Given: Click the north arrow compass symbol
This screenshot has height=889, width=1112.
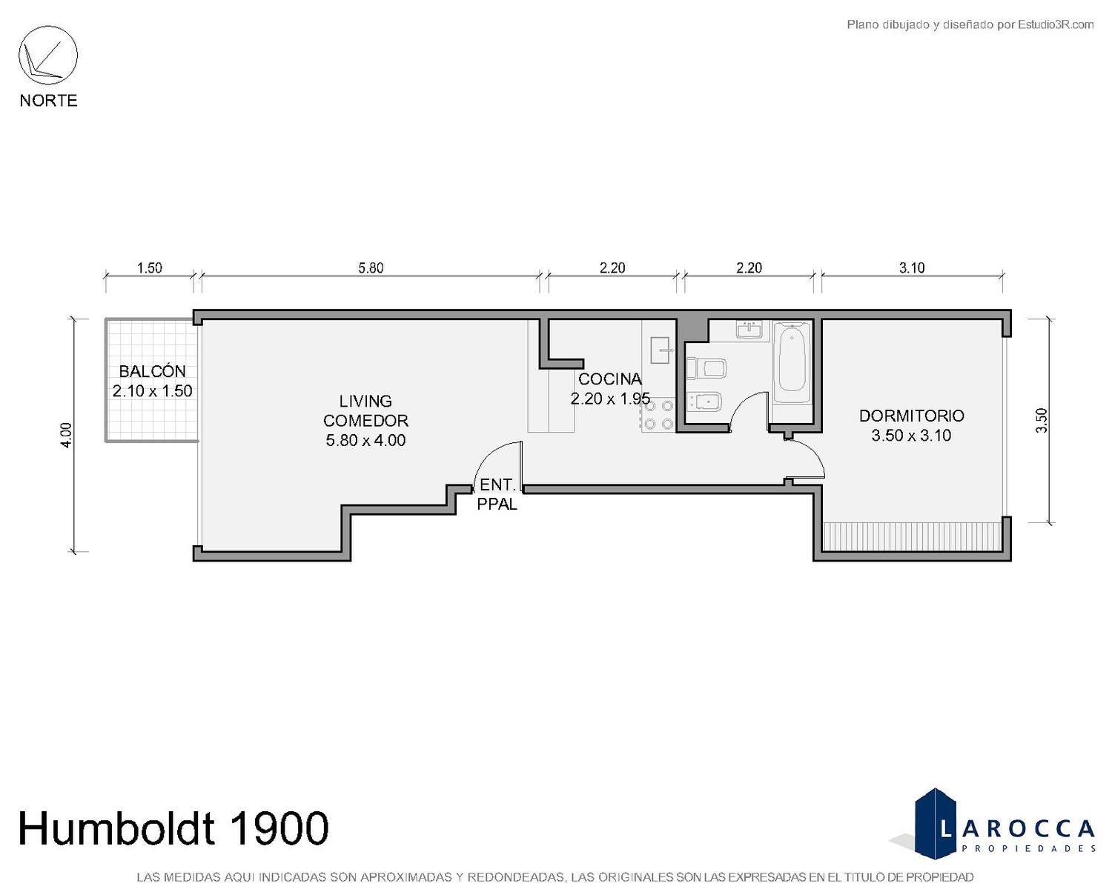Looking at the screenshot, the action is pos(48,56).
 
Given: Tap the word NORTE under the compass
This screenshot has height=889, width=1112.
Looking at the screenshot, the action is pos(49,101).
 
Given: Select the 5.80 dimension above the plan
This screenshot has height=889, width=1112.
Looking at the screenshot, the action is pos(371,267).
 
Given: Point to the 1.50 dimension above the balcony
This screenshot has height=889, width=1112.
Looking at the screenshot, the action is pos(149,267).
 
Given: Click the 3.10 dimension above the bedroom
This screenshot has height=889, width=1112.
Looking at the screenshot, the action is pos(912,267).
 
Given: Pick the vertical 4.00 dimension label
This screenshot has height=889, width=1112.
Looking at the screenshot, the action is pos(66,435).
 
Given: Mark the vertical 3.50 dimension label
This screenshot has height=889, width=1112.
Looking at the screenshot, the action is pos(1042,421).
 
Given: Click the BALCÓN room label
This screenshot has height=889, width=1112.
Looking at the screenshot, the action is pos(152,371).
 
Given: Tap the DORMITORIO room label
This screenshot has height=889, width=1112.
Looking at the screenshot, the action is pos(912,416).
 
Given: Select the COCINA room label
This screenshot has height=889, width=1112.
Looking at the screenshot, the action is pos(609,379).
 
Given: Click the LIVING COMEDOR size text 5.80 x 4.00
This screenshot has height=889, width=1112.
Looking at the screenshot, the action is pos(365,441).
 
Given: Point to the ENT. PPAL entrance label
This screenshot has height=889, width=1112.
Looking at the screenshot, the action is pos(497,494).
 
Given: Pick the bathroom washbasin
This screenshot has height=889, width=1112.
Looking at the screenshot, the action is pos(749,330).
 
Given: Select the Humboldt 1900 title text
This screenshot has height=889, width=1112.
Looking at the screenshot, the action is pos(173,828).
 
